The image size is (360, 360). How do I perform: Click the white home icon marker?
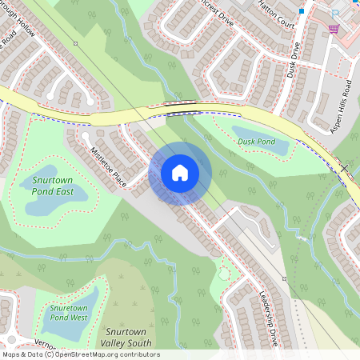tap(180, 172)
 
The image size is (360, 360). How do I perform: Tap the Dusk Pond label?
tap(256, 142)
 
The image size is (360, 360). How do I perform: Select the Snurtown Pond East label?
tap(54, 186)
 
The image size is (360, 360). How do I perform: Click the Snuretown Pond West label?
tap(68, 312)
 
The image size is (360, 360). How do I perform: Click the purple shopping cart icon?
tap(333, 29)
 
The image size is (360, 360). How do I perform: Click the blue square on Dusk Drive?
tap(301, 12)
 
